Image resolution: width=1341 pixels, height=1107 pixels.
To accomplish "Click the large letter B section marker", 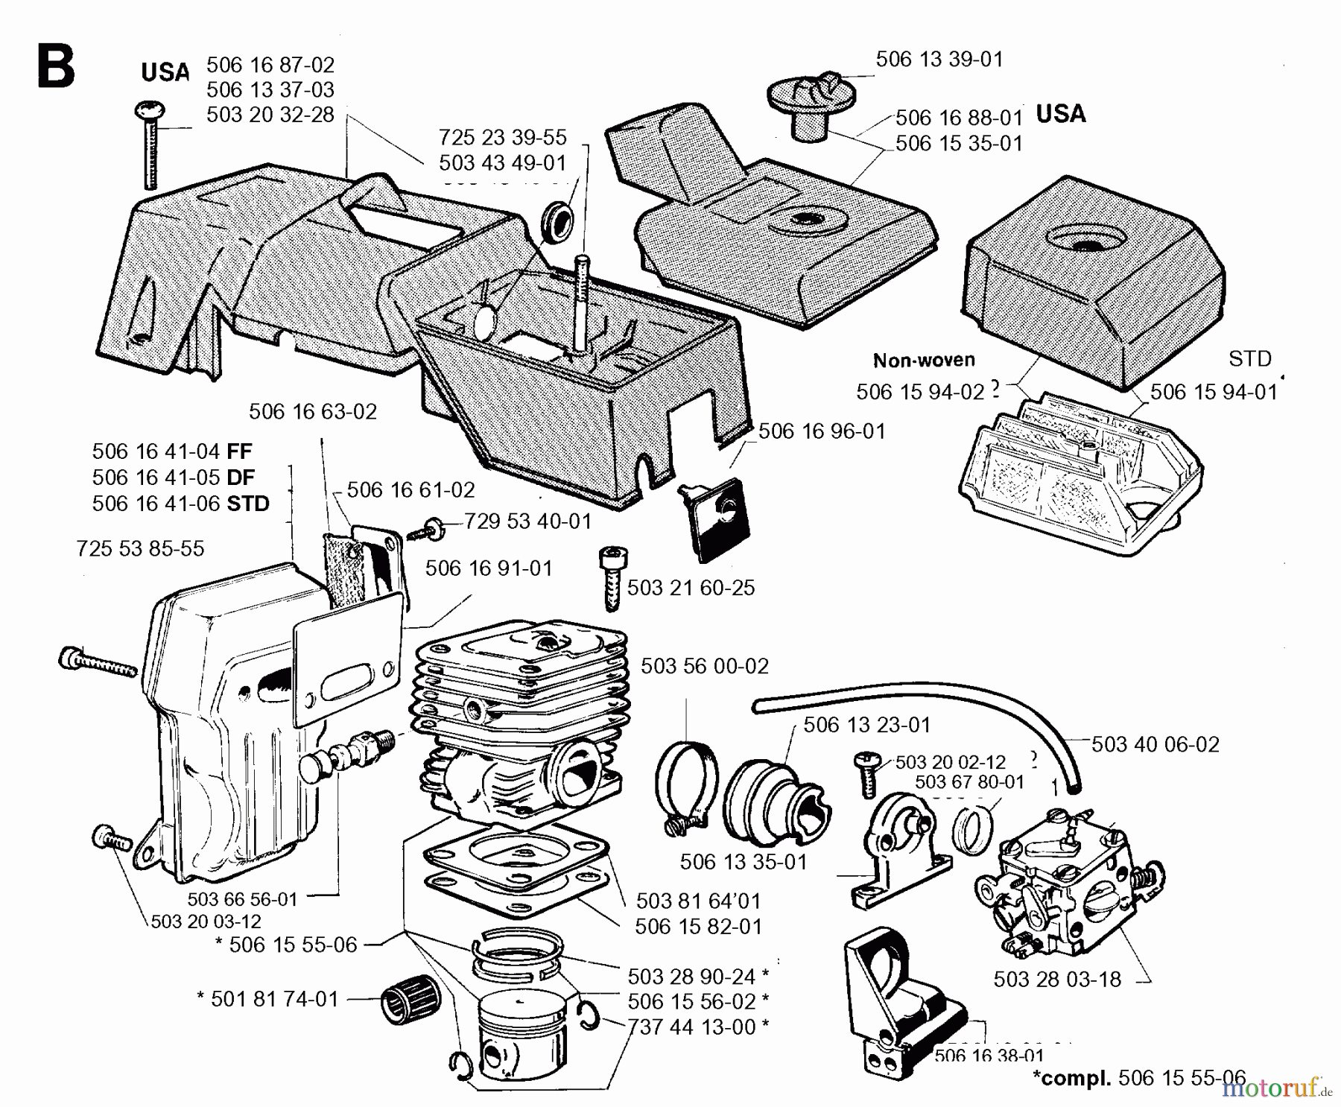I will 56,67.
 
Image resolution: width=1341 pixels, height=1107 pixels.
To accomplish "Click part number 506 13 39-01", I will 939,60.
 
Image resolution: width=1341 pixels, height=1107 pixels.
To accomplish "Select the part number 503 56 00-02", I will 704,666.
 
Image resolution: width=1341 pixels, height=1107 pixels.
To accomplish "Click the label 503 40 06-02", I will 1155,744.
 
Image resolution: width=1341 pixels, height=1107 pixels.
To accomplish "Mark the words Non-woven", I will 924,361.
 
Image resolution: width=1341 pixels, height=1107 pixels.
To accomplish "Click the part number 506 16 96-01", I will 821,431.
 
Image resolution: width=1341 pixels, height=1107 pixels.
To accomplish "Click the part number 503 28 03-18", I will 1056,979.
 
